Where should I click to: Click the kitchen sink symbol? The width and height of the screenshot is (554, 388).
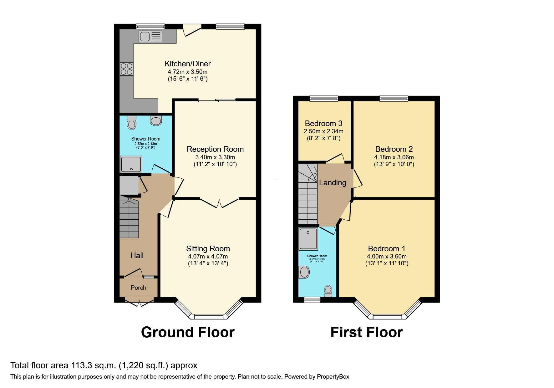point(150,37)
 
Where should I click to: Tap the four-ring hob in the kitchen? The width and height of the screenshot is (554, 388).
point(126,69)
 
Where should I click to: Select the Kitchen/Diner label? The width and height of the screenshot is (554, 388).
point(188,64)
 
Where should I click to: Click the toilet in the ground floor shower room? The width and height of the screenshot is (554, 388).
point(132,123)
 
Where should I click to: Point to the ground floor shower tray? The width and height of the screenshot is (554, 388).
point(131,164)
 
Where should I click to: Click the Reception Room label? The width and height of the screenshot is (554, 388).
point(215,149)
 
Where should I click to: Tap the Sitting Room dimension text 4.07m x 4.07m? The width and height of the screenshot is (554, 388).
point(208,256)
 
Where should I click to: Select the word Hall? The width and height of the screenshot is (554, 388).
point(137,256)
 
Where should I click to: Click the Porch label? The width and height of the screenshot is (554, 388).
point(138,288)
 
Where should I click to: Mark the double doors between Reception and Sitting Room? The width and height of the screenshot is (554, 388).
point(220,203)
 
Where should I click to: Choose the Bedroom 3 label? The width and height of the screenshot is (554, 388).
point(323,124)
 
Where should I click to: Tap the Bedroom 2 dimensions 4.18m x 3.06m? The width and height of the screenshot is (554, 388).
point(394,157)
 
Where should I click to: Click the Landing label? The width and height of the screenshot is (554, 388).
point(333,182)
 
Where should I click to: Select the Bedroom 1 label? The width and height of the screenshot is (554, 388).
point(387,249)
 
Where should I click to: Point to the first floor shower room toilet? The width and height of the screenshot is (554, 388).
point(328,291)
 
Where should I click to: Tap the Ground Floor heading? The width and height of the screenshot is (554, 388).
point(188,332)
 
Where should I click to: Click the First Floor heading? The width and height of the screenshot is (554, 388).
point(367,332)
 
